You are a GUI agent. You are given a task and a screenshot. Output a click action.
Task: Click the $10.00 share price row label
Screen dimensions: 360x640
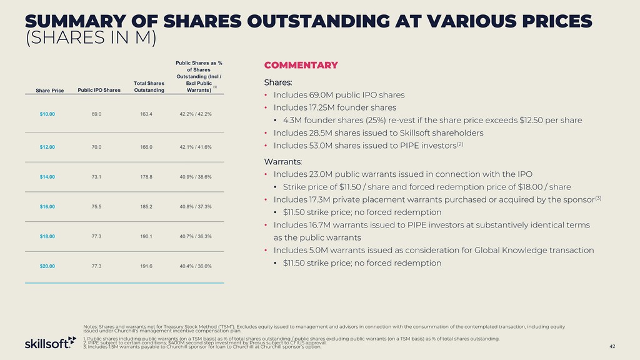[x=47, y=114]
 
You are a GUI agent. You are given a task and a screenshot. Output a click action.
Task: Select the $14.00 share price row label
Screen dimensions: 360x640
[x=47, y=177]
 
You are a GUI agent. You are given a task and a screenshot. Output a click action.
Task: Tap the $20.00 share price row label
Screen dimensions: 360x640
[x=47, y=266]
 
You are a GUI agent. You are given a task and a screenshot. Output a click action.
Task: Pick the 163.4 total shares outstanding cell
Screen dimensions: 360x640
[x=149, y=114]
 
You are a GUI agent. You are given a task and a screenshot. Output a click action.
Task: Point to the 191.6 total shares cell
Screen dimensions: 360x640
[x=149, y=266]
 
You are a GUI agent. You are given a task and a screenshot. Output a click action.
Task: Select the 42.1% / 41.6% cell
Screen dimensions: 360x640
[x=195, y=147]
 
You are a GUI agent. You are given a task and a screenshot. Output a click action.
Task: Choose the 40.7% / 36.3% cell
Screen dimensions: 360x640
[x=195, y=236]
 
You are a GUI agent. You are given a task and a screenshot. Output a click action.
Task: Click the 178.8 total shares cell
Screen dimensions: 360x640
[x=149, y=177]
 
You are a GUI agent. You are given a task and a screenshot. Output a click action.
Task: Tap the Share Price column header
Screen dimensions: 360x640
[x=50, y=91]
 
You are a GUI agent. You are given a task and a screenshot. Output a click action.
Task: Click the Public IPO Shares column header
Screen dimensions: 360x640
[x=99, y=91]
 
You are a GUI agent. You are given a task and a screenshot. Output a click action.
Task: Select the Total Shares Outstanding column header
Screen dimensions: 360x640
[x=149, y=86]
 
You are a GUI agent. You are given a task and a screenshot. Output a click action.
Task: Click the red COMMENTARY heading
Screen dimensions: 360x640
[x=301, y=65]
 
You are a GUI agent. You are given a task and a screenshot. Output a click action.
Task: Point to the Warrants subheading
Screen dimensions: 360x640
[x=283, y=162]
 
